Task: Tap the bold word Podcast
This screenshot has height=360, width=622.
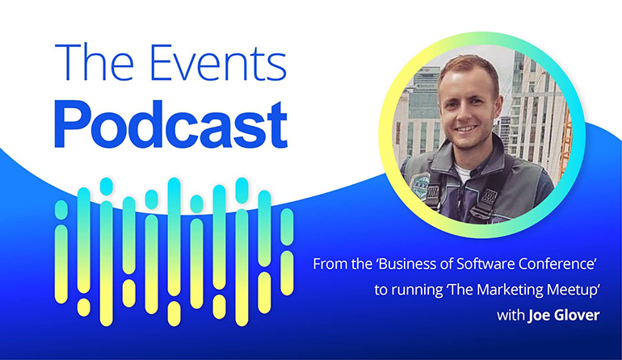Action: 171,124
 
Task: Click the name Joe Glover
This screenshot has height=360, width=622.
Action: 564,316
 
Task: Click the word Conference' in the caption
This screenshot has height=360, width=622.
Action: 559,264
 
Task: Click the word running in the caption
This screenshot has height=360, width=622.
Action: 418,291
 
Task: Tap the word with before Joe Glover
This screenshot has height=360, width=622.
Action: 511,316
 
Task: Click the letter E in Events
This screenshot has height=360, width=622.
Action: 162,63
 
